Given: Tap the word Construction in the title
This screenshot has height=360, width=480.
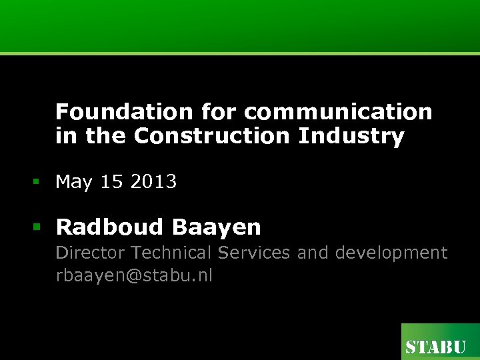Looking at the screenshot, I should [212, 136].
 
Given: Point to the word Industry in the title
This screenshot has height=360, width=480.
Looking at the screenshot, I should [351, 136].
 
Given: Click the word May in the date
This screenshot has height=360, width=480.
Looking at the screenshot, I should [74, 182].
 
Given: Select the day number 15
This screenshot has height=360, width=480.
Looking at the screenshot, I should [111, 182].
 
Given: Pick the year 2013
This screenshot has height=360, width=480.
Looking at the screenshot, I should [153, 182].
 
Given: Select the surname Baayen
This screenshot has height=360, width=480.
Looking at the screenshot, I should [217, 227].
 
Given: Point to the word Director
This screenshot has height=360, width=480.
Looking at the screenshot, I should [91, 253].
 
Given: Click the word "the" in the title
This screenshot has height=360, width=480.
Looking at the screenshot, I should [105, 136].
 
